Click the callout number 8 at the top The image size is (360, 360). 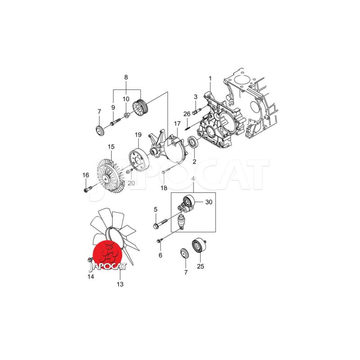(x=126, y=77)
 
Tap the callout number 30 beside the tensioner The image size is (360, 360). (x=209, y=202)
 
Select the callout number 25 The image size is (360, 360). (x=200, y=266)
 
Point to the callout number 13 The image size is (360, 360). (x=120, y=284)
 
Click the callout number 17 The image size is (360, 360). (x=177, y=124)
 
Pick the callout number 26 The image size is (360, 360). (x=187, y=114)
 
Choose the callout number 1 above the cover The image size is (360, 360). (x=210, y=79)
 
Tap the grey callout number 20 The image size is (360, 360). (x=131, y=183)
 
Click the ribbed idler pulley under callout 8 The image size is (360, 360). (x=141, y=108)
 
